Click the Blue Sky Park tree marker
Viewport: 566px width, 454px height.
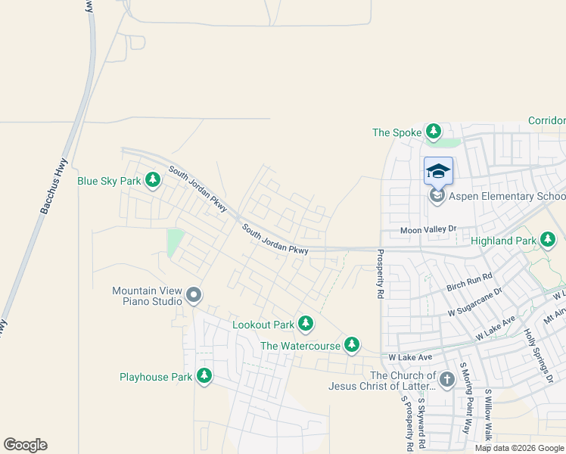click(x=154, y=180)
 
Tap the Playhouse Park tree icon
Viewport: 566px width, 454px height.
click(x=204, y=375)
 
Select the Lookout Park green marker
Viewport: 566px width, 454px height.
click(x=306, y=324)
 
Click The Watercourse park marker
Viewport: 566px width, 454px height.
click(x=352, y=345)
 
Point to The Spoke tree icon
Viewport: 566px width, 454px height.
click(x=434, y=132)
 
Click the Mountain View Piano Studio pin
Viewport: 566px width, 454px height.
click(x=194, y=295)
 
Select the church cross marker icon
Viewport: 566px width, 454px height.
click(x=446, y=378)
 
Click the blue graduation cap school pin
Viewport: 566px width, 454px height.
click(x=438, y=172)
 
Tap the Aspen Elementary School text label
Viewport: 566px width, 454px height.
click(x=507, y=197)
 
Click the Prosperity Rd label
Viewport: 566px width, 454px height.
click(x=381, y=273)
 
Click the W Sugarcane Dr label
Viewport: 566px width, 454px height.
click(x=475, y=301)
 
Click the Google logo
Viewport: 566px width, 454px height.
click(x=25, y=445)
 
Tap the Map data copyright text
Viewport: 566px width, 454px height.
click(x=520, y=448)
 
